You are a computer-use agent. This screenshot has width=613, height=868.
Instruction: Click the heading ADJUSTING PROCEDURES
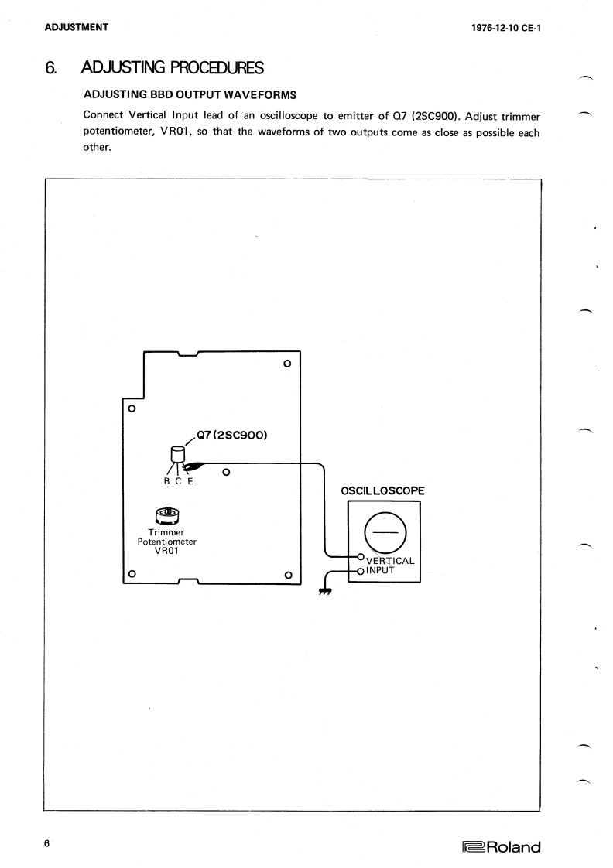[173, 69]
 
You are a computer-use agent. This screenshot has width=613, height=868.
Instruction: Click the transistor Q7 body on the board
[177, 455]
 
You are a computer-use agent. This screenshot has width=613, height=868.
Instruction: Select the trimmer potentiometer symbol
[168, 515]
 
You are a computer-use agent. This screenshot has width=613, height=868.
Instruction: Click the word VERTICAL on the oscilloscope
[391, 560]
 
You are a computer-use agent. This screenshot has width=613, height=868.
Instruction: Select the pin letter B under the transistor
[159, 480]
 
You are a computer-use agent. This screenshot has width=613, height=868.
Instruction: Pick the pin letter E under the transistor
[190, 480]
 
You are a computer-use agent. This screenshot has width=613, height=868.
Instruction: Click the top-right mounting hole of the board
[288, 363]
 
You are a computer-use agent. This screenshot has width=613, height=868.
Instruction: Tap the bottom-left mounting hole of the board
[132, 574]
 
